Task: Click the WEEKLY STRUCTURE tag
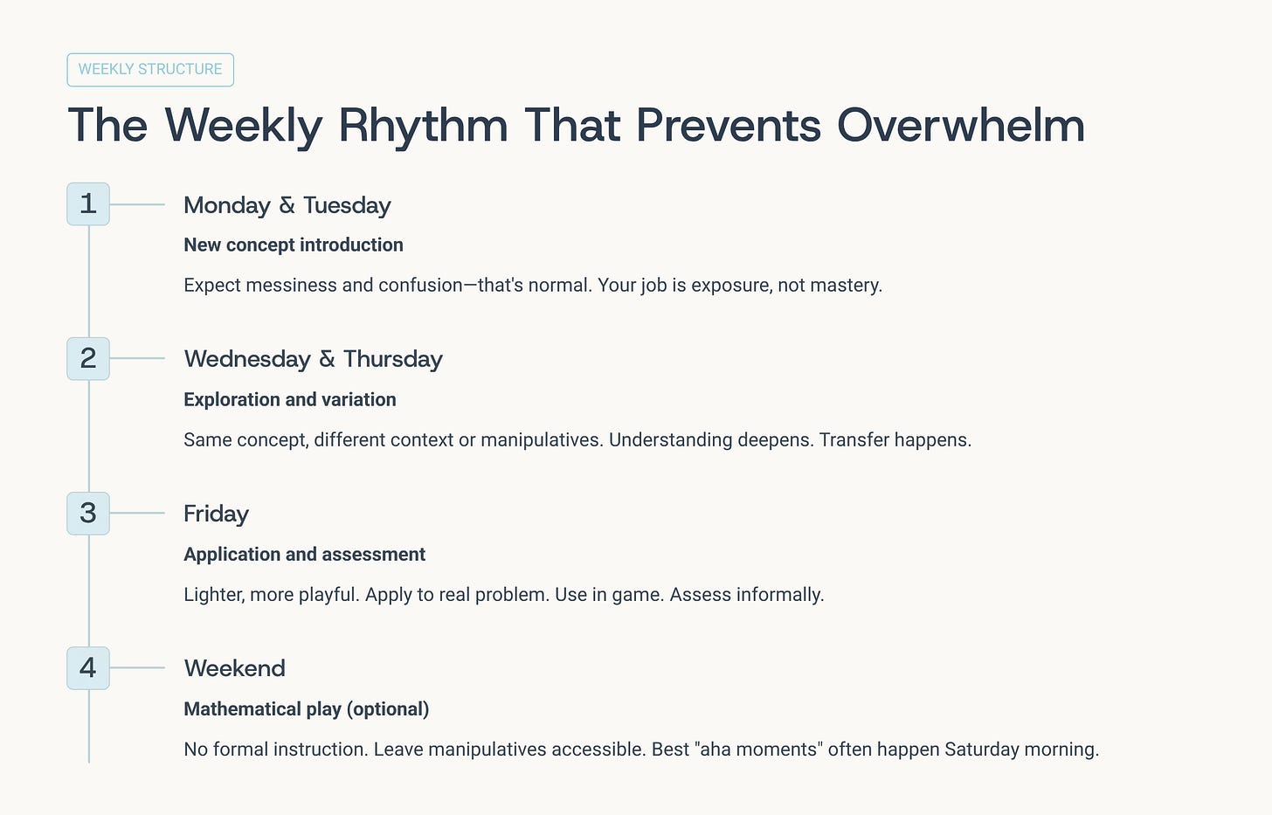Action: pos(150,70)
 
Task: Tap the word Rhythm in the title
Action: pos(423,128)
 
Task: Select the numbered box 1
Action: pos(88,204)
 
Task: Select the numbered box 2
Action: pos(88,358)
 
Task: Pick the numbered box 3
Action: pos(88,514)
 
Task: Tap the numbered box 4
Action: pos(88,668)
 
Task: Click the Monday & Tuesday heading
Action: pos(287,205)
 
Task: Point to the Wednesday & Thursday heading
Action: pos(314,360)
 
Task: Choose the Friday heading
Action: pos(217,515)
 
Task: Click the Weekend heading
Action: pos(234,668)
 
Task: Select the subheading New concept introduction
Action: pos(294,245)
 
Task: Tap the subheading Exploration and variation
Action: pos(290,400)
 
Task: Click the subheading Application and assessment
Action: pos(304,555)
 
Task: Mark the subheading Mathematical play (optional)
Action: pos(307,709)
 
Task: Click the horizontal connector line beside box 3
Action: pos(137,514)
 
